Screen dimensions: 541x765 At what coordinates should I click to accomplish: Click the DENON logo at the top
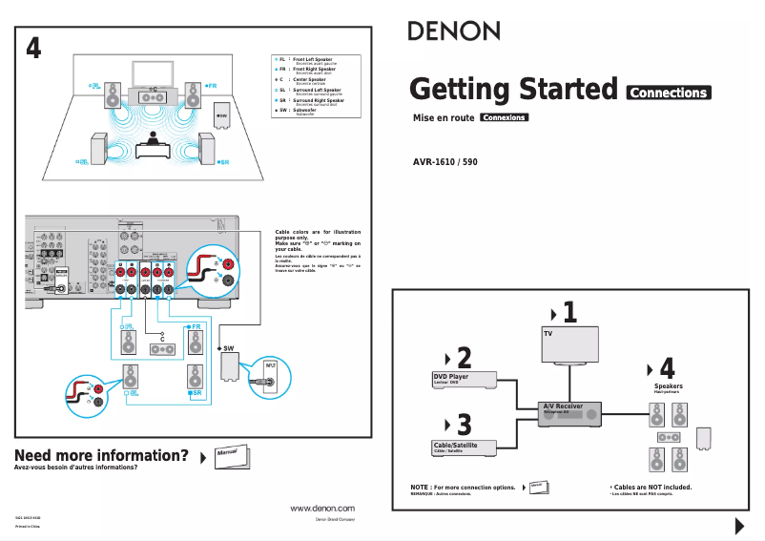[x=454, y=31]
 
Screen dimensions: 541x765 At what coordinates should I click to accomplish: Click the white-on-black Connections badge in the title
[x=669, y=93]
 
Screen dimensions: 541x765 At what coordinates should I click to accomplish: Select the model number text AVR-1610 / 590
[x=445, y=162]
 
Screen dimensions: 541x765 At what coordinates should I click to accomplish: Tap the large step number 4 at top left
[x=33, y=49]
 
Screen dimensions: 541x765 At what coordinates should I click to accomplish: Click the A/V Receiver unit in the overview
[x=569, y=412]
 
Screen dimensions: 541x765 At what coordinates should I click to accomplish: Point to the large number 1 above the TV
[x=569, y=312]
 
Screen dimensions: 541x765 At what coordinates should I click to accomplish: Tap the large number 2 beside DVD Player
[x=464, y=358]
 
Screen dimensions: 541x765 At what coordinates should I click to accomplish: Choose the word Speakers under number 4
[x=668, y=386]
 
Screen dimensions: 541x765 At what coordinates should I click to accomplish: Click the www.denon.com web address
[x=321, y=509]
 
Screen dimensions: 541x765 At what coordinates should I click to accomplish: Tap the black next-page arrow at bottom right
[x=738, y=526]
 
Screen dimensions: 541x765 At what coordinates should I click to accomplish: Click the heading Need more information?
[x=101, y=455]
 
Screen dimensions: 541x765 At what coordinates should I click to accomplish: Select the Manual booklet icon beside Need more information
[x=231, y=453]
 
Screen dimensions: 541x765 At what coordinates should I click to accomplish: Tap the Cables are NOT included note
[x=651, y=487]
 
